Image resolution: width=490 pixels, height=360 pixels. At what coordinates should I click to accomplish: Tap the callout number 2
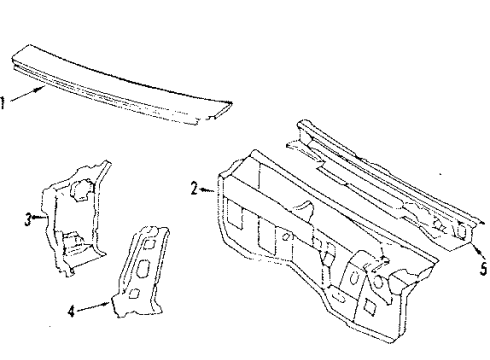tap(194, 186)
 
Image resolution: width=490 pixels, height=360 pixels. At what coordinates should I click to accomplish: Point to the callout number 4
tap(70, 311)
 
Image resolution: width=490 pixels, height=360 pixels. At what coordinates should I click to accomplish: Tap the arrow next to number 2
tap(206, 189)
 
